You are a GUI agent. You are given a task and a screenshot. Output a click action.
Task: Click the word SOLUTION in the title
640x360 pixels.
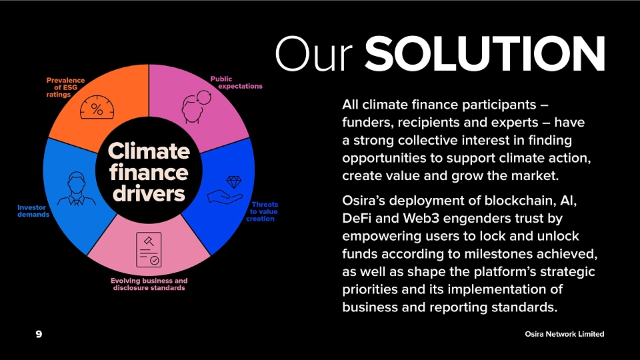point(485,53)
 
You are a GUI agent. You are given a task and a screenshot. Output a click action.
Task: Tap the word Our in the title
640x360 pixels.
point(313,54)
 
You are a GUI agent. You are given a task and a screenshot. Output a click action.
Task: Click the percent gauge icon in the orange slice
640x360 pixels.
point(97,107)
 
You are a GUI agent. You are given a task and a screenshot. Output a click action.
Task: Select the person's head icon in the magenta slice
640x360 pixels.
point(196,107)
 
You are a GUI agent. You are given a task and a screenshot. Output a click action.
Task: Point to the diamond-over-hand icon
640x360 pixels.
point(225,190)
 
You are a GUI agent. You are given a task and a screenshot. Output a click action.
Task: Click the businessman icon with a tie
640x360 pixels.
point(76,189)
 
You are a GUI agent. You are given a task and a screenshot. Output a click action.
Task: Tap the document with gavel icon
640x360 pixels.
point(149,250)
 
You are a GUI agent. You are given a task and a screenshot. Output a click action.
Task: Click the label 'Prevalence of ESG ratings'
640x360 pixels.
point(65,87)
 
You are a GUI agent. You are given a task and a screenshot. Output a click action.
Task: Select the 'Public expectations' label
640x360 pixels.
point(236,83)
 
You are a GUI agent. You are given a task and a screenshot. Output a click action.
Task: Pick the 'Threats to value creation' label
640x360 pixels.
point(263,211)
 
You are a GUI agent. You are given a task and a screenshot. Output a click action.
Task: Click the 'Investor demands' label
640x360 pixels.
point(33,211)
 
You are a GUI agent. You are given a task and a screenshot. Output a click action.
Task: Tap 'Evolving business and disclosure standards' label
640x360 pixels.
point(149,284)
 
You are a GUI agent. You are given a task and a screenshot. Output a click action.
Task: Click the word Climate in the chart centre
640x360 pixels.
point(149,151)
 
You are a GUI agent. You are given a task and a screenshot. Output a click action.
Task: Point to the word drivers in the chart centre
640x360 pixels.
point(149,193)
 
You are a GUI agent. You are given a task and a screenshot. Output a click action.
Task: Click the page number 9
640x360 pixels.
point(39,334)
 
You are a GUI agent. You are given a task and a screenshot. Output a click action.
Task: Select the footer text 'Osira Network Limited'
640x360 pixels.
point(565,334)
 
